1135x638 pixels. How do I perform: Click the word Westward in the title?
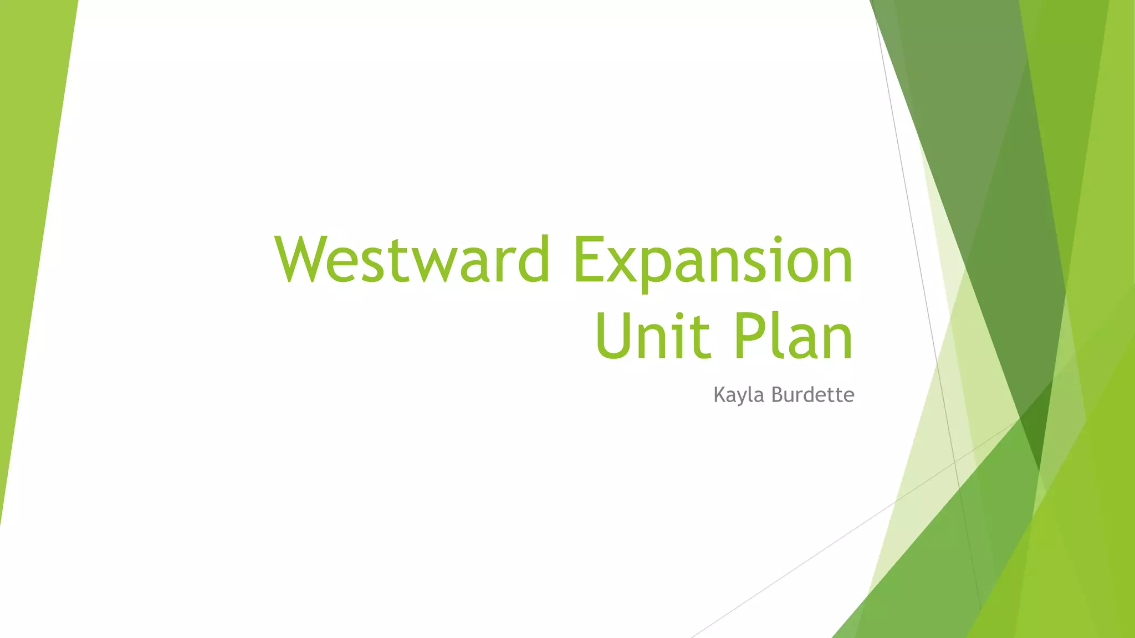pyautogui.click(x=412, y=259)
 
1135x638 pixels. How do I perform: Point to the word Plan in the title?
pyautogui.click(x=793, y=336)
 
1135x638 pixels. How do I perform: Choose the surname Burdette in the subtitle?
pyautogui.click(x=812, y=395)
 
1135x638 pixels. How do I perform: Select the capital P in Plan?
pyautogui.click(x=749, y=336)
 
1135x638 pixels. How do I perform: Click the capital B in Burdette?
pyautogui.click(x=777, y=394)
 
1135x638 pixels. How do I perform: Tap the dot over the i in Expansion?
pyautogui.click(x=778, y=240)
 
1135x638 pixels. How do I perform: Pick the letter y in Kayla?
pyautogui.click(x=742, y=398)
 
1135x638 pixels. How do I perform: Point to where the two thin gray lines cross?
pyautogui.click(x=954, y=461)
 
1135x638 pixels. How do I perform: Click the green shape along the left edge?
pyautogui.click(x=28, y=222)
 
